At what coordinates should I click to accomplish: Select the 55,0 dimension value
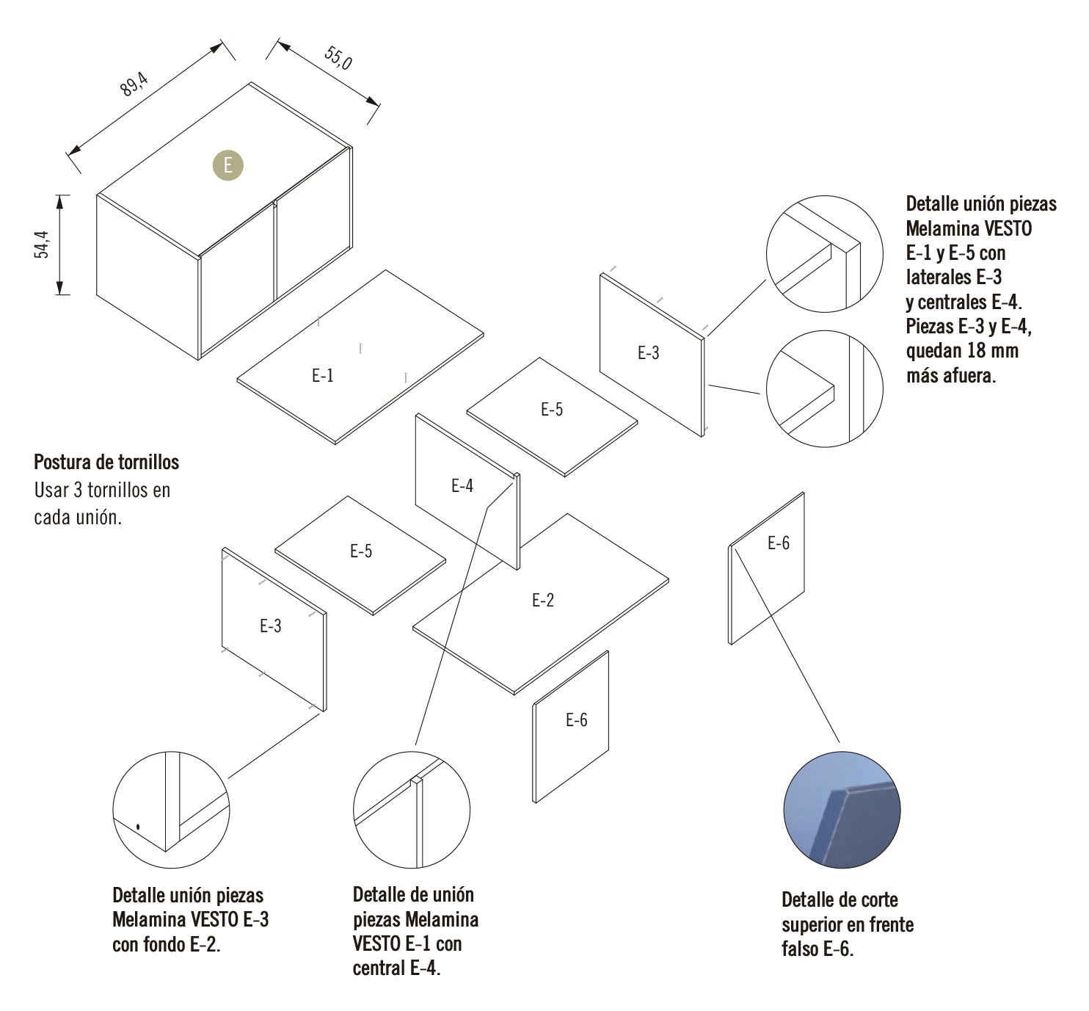click(x=338, y=58)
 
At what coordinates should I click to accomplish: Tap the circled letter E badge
click(x=228, y=165)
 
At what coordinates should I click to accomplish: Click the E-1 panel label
click(x=323, y=376)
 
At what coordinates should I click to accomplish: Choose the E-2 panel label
click(x=543, y=601)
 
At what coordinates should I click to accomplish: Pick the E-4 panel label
click(x=462, y=486)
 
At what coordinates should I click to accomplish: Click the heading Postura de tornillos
click(x=106, y=462)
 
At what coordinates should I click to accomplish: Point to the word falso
click(x=800, y=949)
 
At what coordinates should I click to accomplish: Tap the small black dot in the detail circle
click(x=137, y=827)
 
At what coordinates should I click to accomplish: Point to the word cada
click(x=52, y=517)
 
